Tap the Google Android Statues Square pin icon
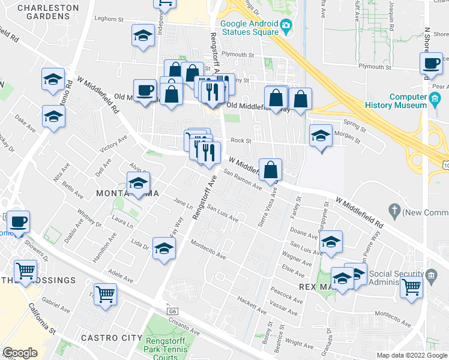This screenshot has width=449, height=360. [286, 26]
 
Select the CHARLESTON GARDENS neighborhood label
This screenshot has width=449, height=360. [48, 13]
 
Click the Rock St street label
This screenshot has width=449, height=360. [240, 140]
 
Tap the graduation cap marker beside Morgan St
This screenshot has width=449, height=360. [321, 137]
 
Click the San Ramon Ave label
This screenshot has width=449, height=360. [243, 180]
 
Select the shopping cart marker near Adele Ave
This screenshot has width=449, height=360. [106, 295]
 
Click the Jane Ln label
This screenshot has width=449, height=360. [182, 204]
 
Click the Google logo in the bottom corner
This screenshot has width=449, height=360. [20, 353]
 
